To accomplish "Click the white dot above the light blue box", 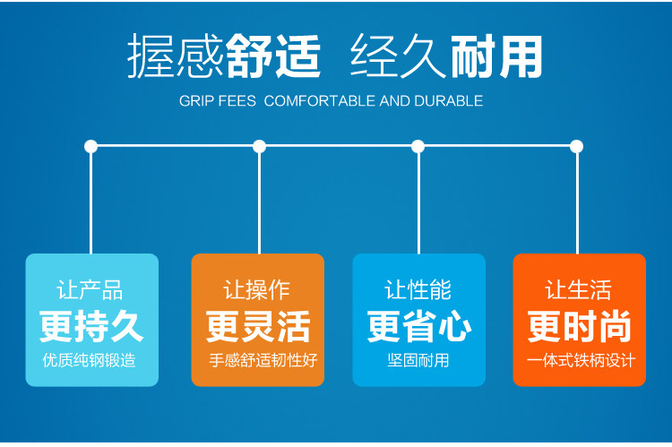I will [90, 146].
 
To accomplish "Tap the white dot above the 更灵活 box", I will [259, 146].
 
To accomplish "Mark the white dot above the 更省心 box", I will [418, 146].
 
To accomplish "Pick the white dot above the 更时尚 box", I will [577, 146].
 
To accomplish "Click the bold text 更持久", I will [91, 327].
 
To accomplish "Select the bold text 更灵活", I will [258, 327].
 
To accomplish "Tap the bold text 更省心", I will [418, 327].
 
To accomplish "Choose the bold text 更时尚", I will [580, 327].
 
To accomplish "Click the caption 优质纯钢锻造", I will [91, 361].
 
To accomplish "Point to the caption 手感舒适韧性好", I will [258, 361].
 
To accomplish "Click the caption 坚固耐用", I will [418, 361].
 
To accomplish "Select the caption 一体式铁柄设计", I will [580, 361].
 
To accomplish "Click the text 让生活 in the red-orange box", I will [579, 290].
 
